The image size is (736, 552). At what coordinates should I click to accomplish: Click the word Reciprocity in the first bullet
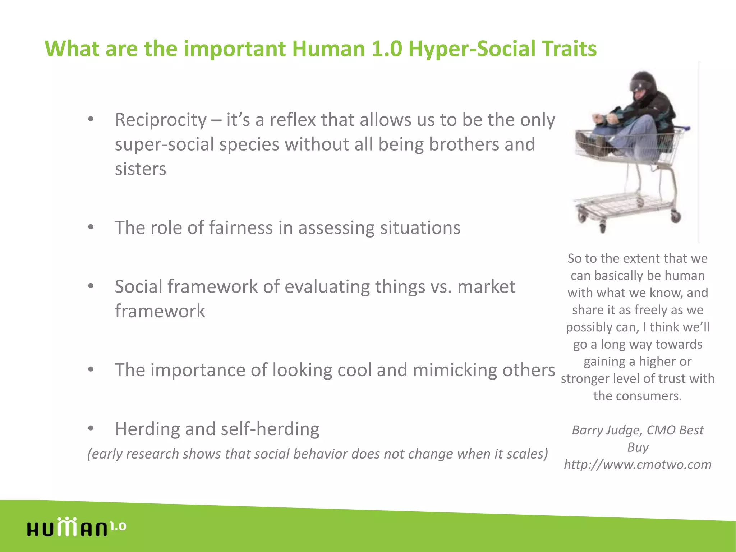[x=161, y=120]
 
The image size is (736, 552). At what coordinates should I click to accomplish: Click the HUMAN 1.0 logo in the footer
[x=76, y=528]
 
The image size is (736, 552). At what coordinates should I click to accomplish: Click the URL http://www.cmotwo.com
[x=638, y=464]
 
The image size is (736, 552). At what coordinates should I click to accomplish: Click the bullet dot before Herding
[x=91, y=428]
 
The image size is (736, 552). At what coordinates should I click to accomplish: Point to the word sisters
[x=141, y=169]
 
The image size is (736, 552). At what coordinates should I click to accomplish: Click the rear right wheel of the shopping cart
[x=676, y=216]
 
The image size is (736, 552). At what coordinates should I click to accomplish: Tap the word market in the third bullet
[x=486, y=287]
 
